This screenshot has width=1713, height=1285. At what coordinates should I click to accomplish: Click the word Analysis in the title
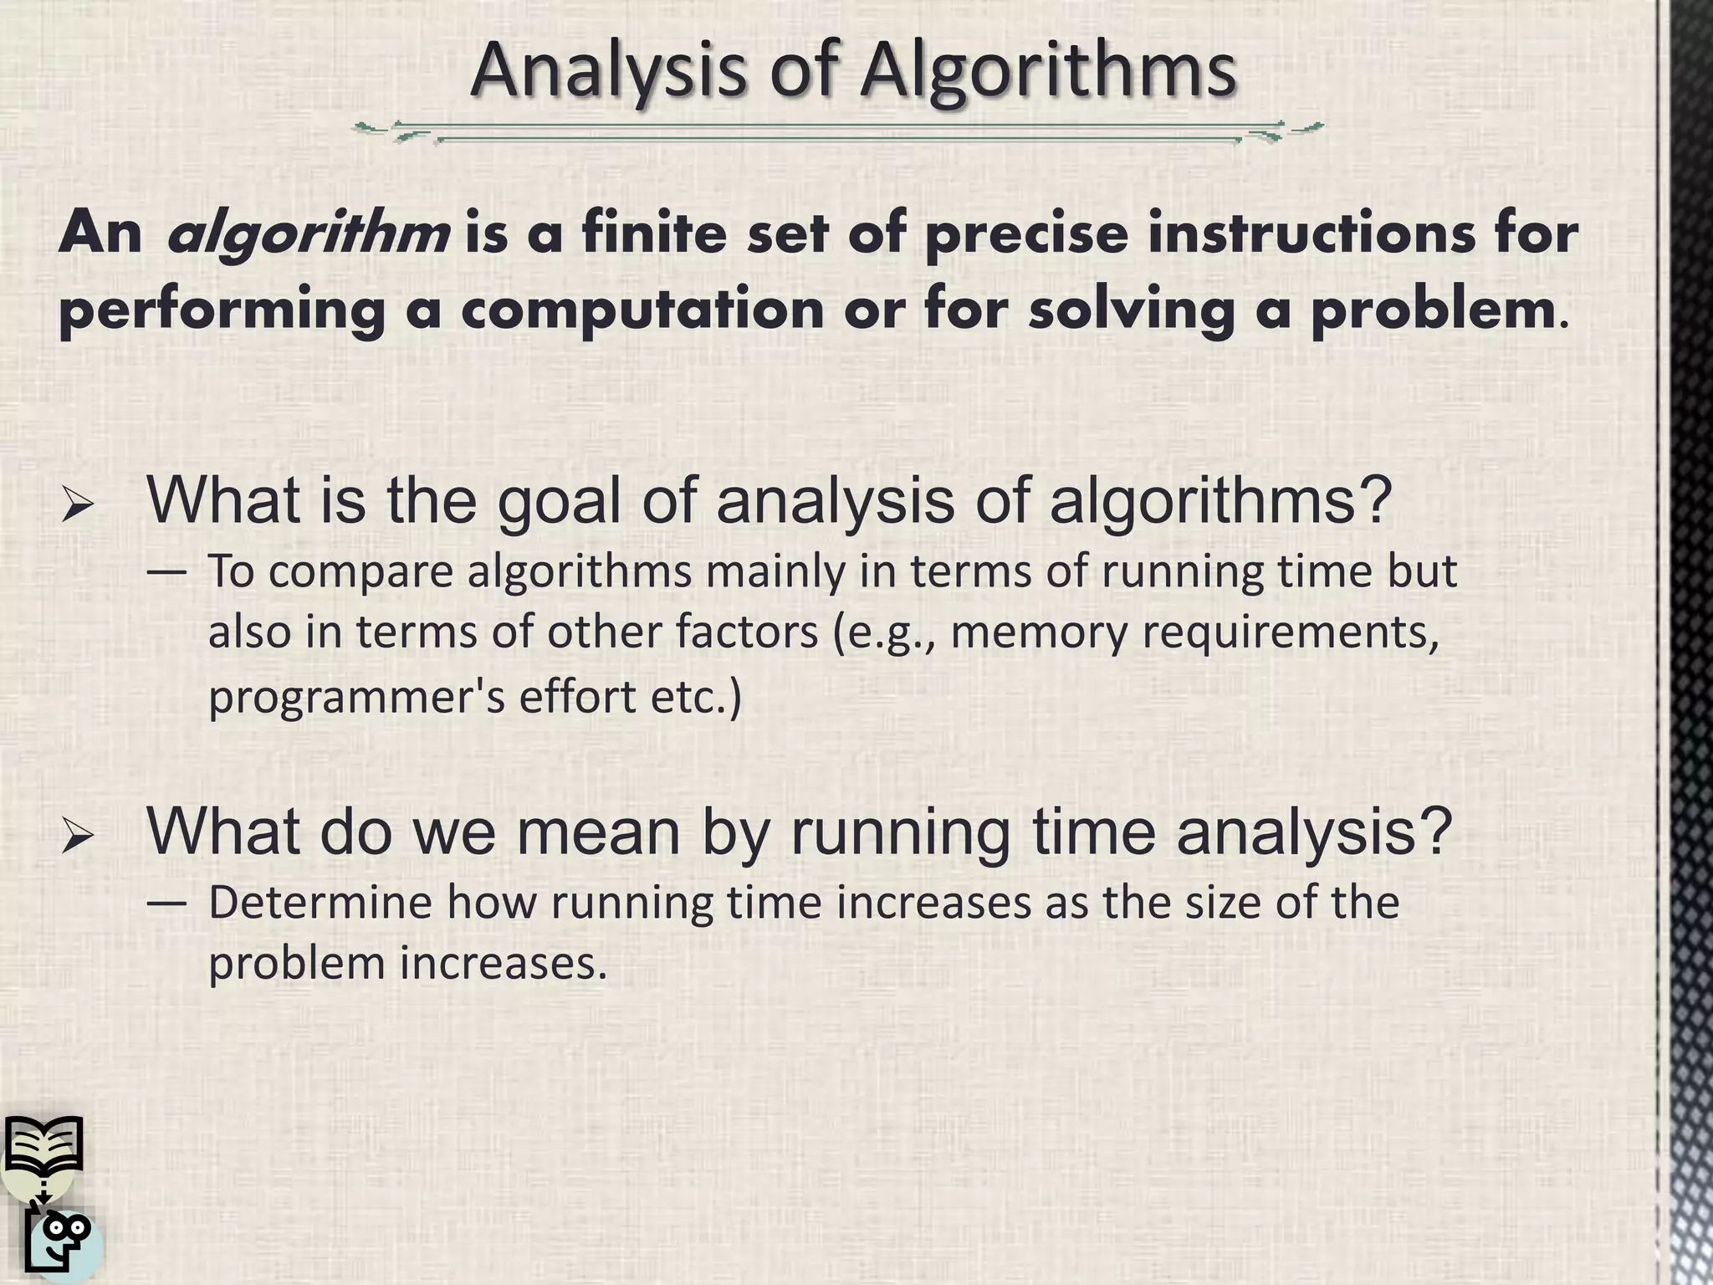(x=608, y=70)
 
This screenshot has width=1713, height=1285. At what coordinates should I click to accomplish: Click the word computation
(x=642, y=310)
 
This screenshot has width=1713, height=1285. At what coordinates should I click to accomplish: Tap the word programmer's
(x=355, y=696)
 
